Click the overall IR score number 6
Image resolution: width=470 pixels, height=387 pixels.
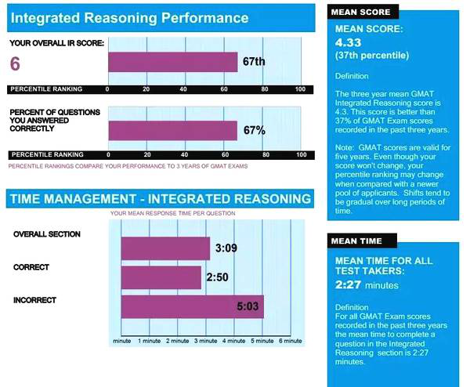16,64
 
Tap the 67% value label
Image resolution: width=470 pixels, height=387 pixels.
254,130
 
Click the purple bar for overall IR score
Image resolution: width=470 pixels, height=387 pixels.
172,62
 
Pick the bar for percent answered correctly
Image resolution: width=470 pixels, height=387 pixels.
172,130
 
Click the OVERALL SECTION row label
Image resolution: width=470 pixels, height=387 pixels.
47,233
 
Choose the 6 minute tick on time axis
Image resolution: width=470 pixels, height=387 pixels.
290,341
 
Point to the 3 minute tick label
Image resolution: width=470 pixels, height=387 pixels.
205,341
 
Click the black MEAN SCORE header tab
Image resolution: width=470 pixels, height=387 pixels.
361,12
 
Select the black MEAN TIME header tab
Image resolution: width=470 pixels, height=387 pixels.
357,240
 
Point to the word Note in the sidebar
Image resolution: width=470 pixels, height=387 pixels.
345,148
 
